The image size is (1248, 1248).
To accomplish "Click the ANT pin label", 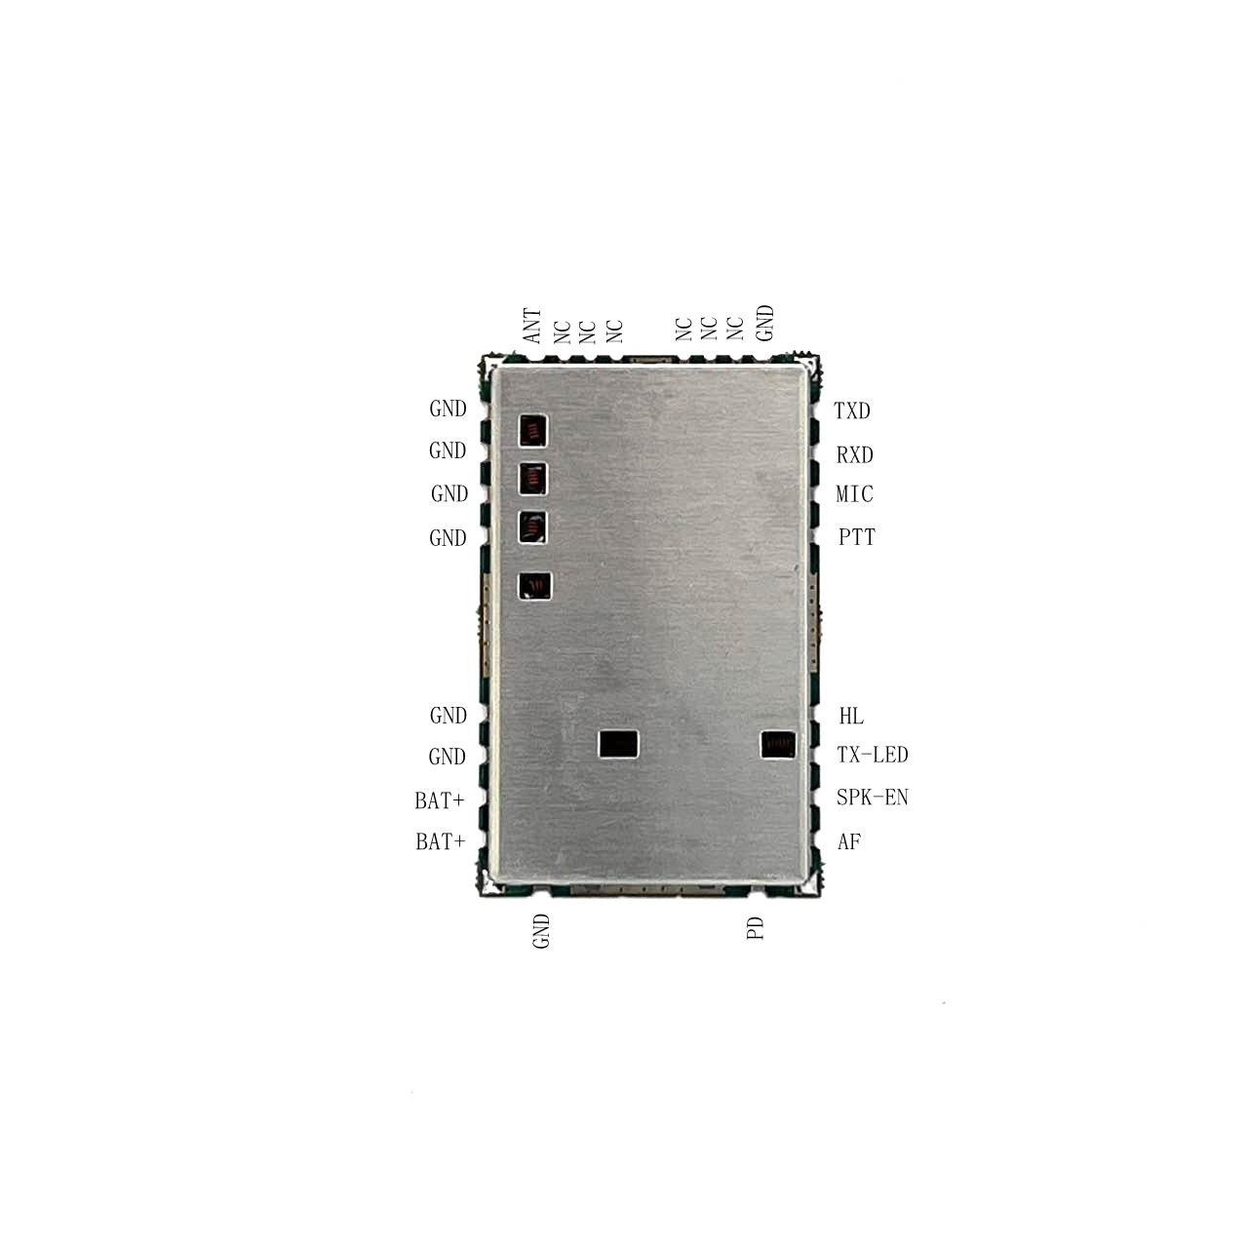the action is pos(531,326).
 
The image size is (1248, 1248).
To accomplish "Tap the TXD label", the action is pos(851,410).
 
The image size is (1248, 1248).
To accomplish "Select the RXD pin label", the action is pos(855,455).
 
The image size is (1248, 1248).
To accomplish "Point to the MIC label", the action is pos(855,494).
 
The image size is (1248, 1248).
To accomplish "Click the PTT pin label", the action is pos(857,537).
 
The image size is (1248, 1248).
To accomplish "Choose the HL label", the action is pos(851,716).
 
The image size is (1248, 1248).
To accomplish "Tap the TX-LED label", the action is pos(873,755).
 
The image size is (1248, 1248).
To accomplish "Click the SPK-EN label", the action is pos(873,797).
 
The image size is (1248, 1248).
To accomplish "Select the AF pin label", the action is pos(849,841).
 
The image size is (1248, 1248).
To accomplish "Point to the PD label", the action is pos(756,928).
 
